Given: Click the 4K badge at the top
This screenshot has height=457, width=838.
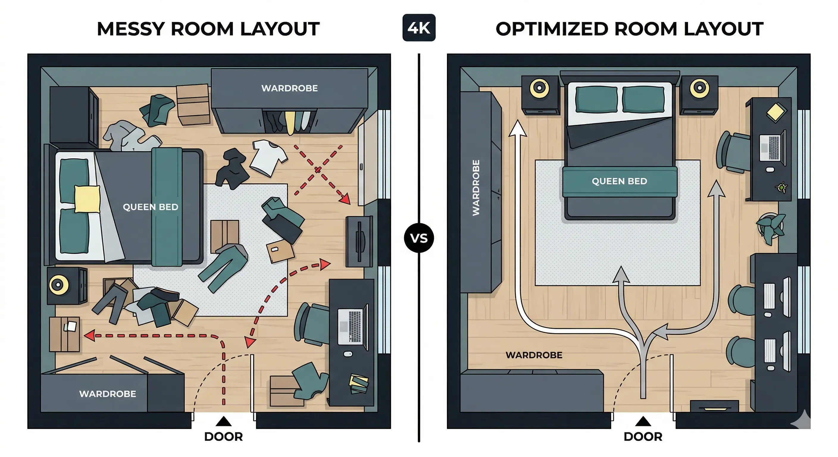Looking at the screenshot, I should [x=419, y=28].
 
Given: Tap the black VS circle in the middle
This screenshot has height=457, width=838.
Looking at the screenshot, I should [x=419, y=238].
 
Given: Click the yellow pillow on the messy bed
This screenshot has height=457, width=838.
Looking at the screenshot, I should [x=87, y=199].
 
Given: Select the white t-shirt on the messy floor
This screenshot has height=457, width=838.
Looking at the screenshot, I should [x=269, y=157].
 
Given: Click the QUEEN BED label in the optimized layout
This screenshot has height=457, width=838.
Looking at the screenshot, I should [x=619, y=181].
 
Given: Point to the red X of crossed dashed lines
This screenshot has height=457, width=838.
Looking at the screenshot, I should [x=318, y=170].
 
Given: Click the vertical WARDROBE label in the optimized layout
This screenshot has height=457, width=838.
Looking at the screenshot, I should [x=476, y=188].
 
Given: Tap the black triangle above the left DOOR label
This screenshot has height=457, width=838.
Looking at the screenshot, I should [x=223, y=422].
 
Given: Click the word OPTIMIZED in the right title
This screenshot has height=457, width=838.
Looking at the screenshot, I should [x=552, y=29].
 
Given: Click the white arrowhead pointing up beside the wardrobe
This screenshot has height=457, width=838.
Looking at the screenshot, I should [x=517, y=129].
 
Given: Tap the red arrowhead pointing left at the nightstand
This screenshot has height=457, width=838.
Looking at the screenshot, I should [x=90, y=335].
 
